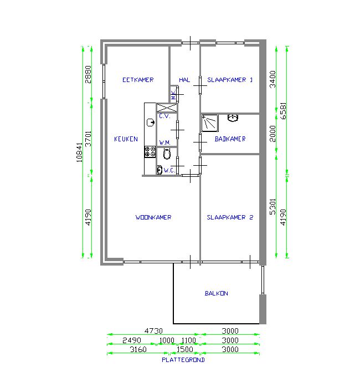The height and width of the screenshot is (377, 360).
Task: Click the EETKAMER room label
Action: point(138,80)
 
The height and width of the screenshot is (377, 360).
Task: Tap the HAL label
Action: point(184,80)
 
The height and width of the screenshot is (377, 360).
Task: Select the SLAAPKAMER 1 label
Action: point(230,80)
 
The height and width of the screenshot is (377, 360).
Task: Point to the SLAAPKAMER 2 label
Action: point(230,217)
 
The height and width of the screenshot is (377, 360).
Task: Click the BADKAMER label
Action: point(230,139)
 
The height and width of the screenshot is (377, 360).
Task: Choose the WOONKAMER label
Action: point(153,217)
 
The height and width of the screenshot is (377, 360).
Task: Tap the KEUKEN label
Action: point(126,139)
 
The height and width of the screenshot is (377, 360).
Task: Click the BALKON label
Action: point(216,293)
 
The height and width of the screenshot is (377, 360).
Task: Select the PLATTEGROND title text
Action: point(183,360)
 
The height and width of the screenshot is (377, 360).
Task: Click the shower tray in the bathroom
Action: point(210,123)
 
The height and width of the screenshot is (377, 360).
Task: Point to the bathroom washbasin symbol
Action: point(233,118)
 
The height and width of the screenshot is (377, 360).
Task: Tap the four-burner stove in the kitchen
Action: point(150,152)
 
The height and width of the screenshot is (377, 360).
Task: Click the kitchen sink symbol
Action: point(151,123)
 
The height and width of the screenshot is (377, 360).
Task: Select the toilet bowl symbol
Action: point(167,154)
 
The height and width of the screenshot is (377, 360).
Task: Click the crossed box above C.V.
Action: point(167,108)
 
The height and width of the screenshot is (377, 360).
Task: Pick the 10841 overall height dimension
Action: point(80,152)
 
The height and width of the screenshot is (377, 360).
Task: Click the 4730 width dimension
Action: point(153,331)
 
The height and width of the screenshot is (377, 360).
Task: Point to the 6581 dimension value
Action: point(284,111)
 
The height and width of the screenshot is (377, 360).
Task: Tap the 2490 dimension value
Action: point(132,340)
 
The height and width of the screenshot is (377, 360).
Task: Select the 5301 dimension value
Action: point(273,207)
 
